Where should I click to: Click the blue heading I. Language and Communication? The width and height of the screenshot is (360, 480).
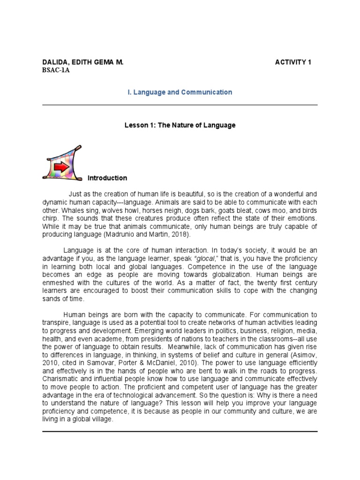(x=180, y=92)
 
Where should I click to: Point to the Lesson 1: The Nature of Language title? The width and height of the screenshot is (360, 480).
(x=180, y=126)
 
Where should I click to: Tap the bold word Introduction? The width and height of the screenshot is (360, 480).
(x=107, y=178)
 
